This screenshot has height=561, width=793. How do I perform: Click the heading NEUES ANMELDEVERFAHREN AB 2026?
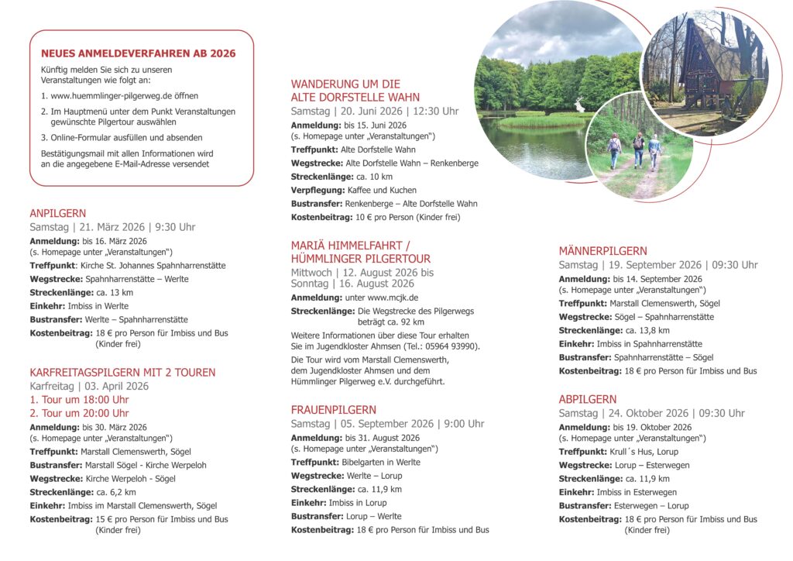click(138, 53)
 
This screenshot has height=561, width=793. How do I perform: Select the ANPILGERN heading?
click(58, 213)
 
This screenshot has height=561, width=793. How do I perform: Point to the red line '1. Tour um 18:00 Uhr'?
click(79, 400)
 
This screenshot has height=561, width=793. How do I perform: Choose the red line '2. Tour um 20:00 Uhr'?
click(79, 413)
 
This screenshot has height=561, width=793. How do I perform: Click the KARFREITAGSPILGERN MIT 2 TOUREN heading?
click(122, 373)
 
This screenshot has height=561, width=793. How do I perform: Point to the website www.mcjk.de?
click(393, 298)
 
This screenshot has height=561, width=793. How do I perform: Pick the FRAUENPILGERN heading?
click(334, 410)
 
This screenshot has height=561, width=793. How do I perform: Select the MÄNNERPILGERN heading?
click(603, 251)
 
